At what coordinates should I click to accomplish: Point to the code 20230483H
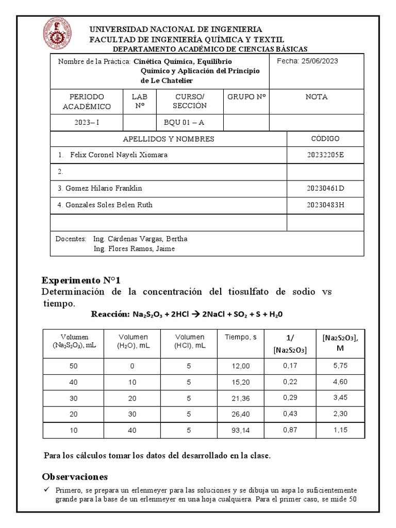point(325,205)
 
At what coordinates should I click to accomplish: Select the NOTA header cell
point(316,97)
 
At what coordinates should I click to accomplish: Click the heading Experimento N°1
point(80,280)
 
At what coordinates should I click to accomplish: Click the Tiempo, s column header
point(240,338)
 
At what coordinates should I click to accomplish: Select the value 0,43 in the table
point(289,414)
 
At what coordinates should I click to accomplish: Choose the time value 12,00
point(240,366)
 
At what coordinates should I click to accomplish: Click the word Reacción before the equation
point(109,314)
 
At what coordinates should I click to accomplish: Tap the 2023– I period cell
point(87,122)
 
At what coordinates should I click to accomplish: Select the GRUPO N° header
point(246,97)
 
